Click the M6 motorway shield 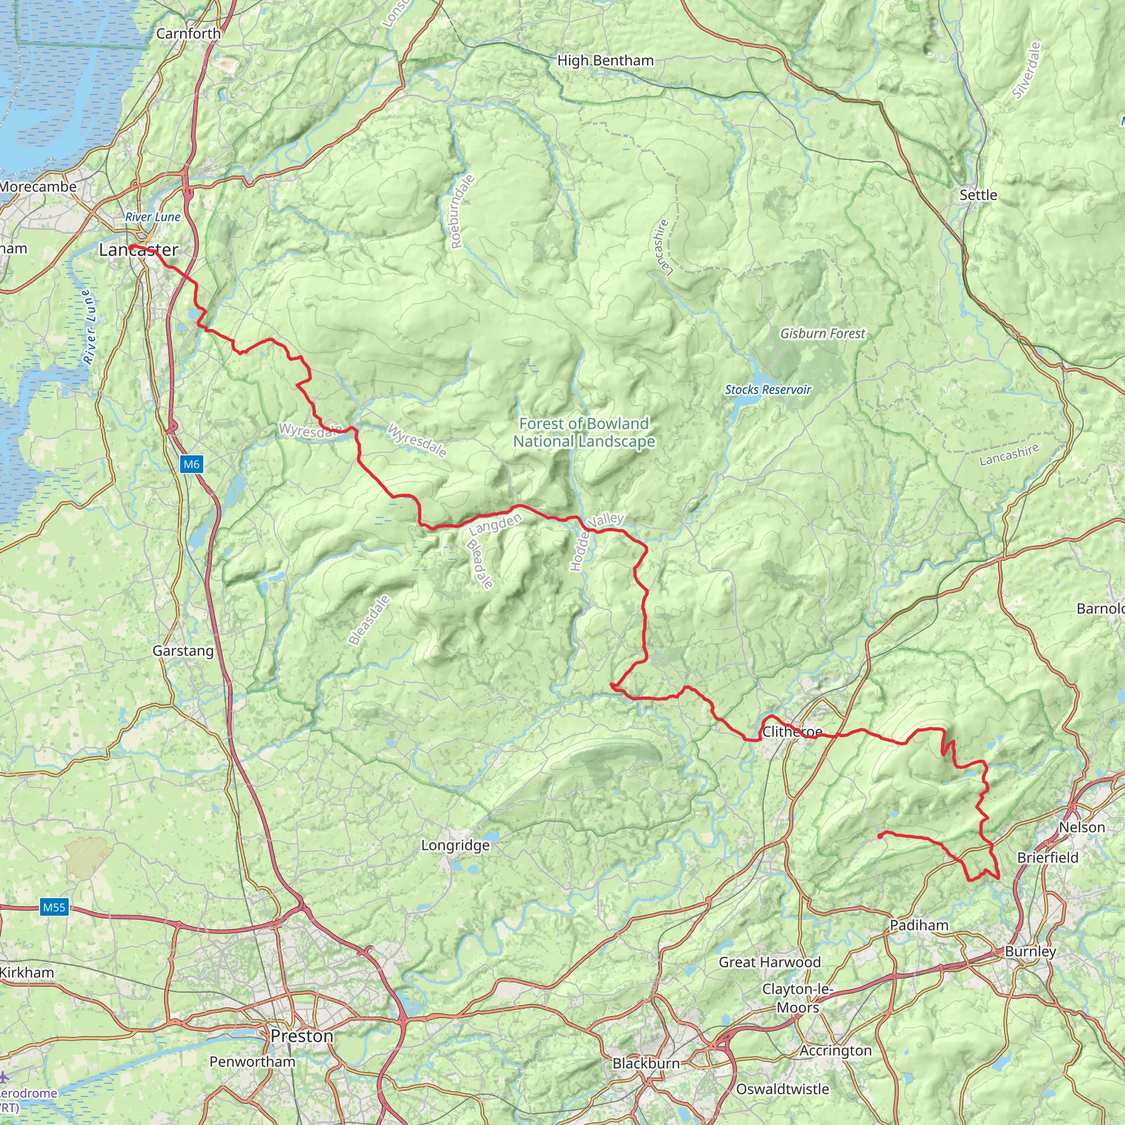click(192, 464)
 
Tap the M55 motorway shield click(54, 907)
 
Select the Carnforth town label click(188, 34)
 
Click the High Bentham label click(605, 60)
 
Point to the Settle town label click(978, 195)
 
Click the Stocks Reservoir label click(767, 389)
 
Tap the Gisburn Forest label click(822, 333)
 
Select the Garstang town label click(183, 651)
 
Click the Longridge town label click(455, 845)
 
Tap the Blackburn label click(646, 1063)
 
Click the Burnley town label click(1030, 951)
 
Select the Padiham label click(919, 925)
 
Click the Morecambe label click(38, 187)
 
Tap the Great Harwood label click(769, 962)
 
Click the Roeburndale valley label click(463, 211)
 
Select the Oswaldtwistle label click(782, 1089)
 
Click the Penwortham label click(252, 1061)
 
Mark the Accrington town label click(835, 1050)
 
